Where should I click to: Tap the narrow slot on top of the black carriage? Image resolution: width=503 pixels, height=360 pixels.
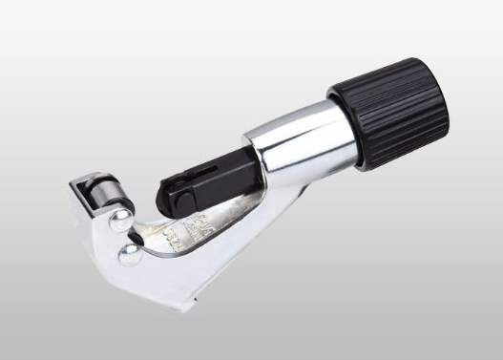click(206, 164)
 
